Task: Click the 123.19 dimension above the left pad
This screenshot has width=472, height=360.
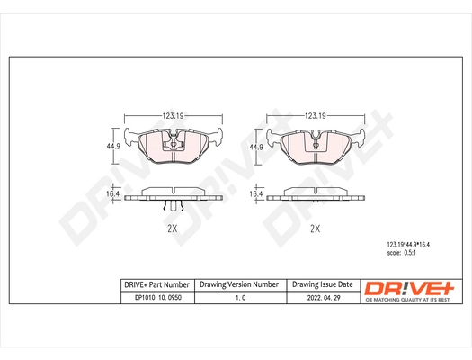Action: tap(173, 116)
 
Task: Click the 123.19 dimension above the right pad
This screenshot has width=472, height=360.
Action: tap(314, 116)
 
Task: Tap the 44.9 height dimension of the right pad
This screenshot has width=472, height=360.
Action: tap(255, 148)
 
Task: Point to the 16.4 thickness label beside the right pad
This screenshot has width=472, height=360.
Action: tap(255, 194)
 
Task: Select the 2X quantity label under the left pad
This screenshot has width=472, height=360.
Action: tap(173, 229)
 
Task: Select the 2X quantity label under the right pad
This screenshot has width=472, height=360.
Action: tap(314, 229)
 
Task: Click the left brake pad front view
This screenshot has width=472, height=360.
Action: tap(173, 147)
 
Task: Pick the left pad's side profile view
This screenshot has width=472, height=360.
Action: tap(173, 195)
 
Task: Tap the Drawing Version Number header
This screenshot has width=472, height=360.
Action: tap(239, 283)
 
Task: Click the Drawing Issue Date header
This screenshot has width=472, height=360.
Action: tap(322, 283)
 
